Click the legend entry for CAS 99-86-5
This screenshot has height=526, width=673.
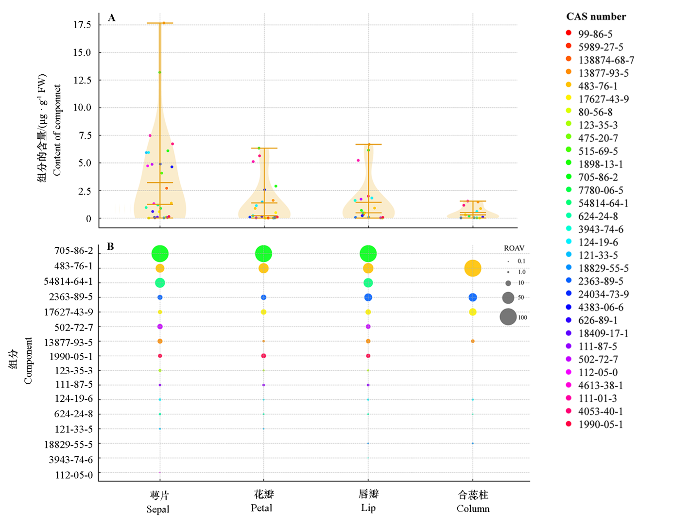(x=595, y=34)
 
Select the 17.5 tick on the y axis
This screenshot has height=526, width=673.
(x=82, y=25)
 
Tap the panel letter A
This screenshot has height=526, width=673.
(x=112, y=18)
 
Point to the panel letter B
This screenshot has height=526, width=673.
(x=110, y=247)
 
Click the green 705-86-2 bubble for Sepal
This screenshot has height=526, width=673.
(x=160, y=253)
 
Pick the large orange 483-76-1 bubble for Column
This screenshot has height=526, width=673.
(x=473, y=268)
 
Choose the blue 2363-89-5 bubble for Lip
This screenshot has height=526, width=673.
(x=368, y=297)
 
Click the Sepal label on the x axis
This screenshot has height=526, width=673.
(x=158, y=509)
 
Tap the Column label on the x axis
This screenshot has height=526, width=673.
(x=473, y=509)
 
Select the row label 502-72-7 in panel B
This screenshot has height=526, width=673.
(x=73, y=327)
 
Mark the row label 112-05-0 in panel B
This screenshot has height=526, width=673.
(x=73, y=475)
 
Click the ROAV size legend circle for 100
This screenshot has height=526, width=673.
(x=508, y=317)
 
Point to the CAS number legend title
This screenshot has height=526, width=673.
(x=596, y=16)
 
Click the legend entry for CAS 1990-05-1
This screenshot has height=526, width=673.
(x=600, y=425)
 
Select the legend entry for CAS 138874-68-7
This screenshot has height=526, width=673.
(x=605, y=60)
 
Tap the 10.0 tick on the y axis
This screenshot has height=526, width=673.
(x=82, y=107)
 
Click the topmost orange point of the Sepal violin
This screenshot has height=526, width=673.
(x=164, y=23)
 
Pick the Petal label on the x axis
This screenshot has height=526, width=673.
(x=261, y=508)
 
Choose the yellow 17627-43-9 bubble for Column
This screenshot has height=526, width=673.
(x=473, y=312)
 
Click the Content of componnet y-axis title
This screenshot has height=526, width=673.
(x=57, y=130)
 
